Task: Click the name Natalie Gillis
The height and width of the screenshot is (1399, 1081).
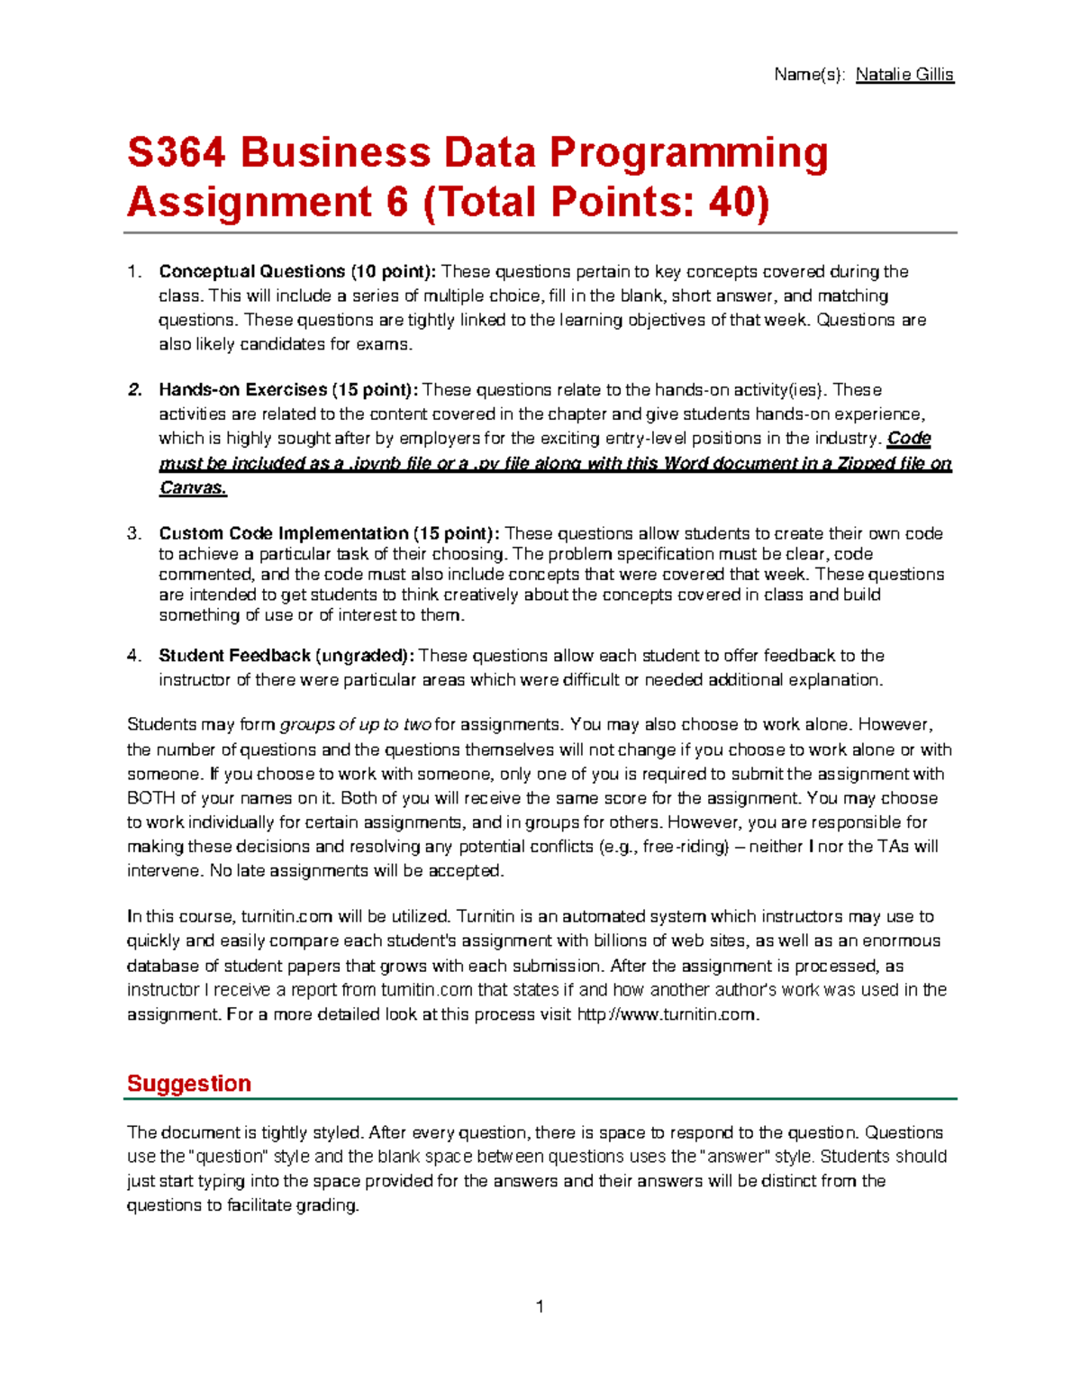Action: click(x=904, y=75)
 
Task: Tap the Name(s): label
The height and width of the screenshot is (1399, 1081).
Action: click(x=809, y=75)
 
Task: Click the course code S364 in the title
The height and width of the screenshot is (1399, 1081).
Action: click(x=177, y=152)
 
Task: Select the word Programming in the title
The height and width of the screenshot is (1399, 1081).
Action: click(x=688, y=152)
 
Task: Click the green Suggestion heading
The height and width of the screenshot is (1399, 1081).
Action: click(x=189, y=1083)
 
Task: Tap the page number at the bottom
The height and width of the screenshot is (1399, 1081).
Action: click(x=540, y=1306)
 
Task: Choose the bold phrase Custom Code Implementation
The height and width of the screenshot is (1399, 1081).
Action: click(x=284, y=533)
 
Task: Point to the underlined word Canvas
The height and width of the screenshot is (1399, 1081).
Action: click(x=193, y=488)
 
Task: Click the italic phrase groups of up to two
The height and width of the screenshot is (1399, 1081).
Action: click(x=356, y=725)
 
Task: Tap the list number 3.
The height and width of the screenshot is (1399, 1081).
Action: click(x=134, y=533)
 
